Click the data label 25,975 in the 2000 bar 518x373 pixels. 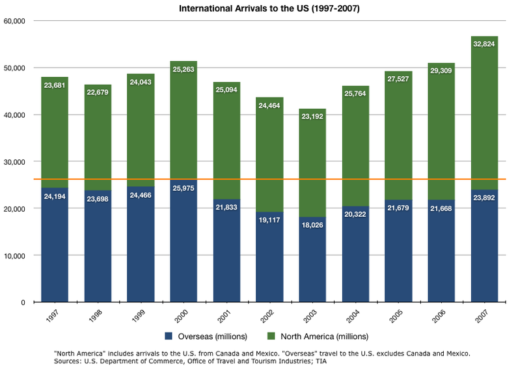click(184, 189)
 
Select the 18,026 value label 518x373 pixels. click(312, 226)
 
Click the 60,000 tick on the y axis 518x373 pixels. click(14, 21)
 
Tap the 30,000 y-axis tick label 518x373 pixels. click(14, 161)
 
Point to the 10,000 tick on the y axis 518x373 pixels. click(14, 256)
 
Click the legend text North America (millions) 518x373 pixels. click(324, 337)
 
